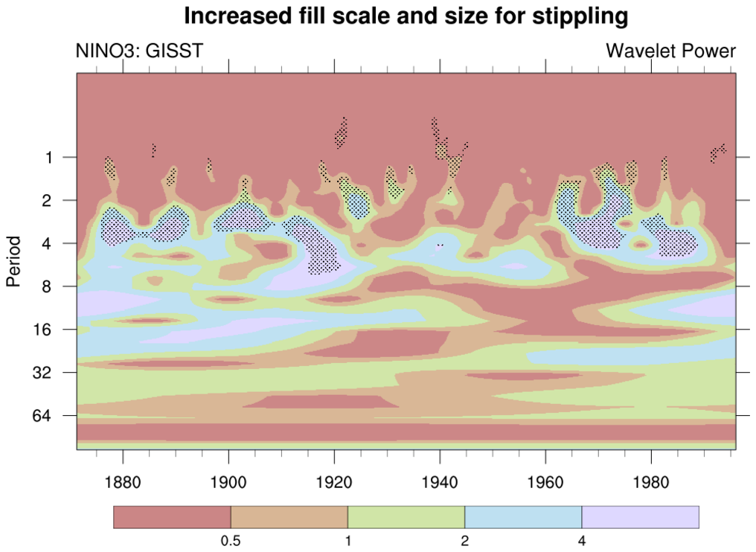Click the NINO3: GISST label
(x=139, y=51)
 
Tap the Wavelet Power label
(x=671, y=51)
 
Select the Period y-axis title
(x=13, y=261)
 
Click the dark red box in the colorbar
(x=172, y=517)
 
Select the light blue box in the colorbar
(x=523, y=517)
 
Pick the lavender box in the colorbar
(x=640, y=517)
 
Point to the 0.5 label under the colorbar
(x=231, y=542)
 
